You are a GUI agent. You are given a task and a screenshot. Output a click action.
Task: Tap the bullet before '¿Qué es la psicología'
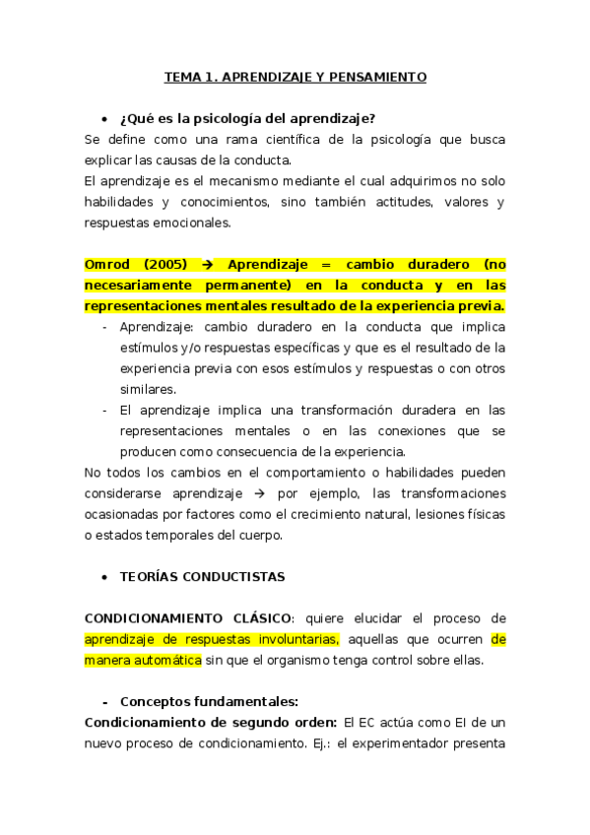(x=104, y=120)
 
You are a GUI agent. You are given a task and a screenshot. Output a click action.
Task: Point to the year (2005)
(x=164, y=265)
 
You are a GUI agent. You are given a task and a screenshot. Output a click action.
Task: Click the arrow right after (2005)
(x=207, y=265)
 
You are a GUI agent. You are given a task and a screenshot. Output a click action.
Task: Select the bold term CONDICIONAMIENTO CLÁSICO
(x=188, y=618)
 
